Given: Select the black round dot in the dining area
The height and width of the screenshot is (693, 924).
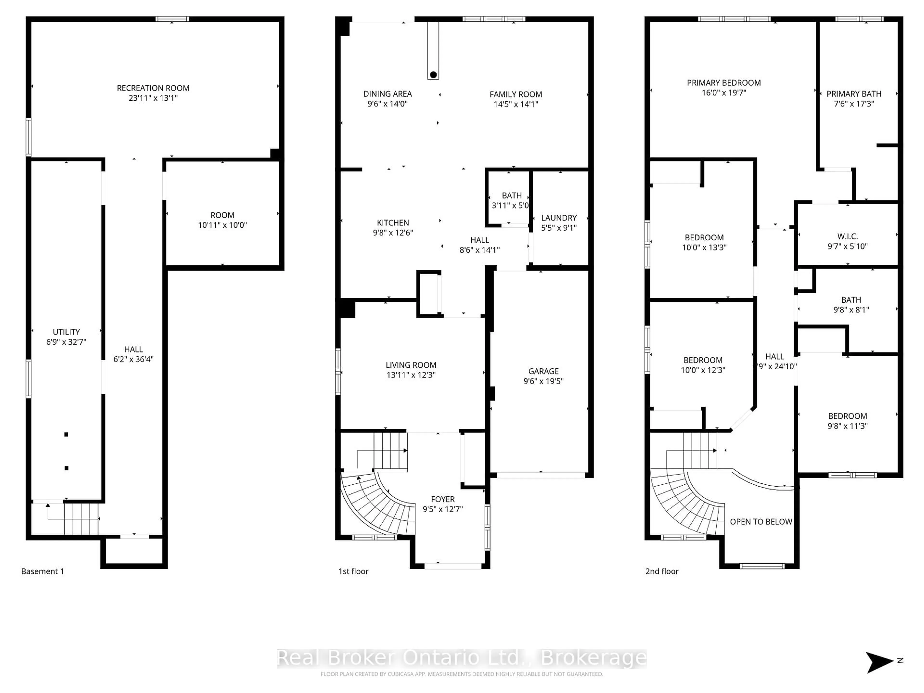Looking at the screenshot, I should [433, 75].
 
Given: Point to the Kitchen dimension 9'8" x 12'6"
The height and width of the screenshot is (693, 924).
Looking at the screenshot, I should [393, 233].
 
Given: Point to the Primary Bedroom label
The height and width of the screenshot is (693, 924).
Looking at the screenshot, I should [724, 83].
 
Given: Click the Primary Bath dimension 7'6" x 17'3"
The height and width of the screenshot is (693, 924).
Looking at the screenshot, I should [853, 104].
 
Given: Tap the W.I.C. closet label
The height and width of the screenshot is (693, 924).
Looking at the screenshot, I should [847, 236].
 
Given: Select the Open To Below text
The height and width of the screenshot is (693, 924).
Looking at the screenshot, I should [761, 521].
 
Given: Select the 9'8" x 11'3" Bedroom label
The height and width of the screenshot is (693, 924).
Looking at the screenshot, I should [847, 416].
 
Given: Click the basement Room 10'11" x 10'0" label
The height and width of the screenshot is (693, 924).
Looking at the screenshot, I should [222, 215].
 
